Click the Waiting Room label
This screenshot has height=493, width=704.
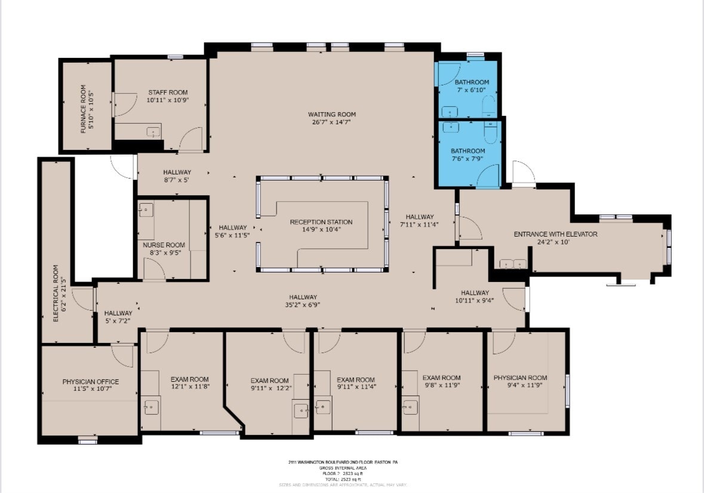(x=331, y=114)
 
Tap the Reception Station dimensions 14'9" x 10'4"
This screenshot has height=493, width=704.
(x=321, y=229)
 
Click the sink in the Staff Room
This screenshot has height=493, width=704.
(x=154, y=132)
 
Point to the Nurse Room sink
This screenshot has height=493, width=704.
(x=146, y=210)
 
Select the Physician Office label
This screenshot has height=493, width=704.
(x=90, y=382)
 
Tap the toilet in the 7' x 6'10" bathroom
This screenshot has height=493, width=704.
(x=488, y=107)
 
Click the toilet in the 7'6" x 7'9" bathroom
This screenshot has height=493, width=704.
(x=491, y=133)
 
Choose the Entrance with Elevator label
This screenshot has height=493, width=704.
(x=555, y=234)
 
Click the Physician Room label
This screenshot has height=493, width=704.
(x=520, y=378)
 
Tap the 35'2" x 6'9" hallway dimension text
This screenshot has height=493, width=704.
(x=303, y=305)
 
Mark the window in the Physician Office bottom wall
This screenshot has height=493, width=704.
(x=88, y=441)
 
